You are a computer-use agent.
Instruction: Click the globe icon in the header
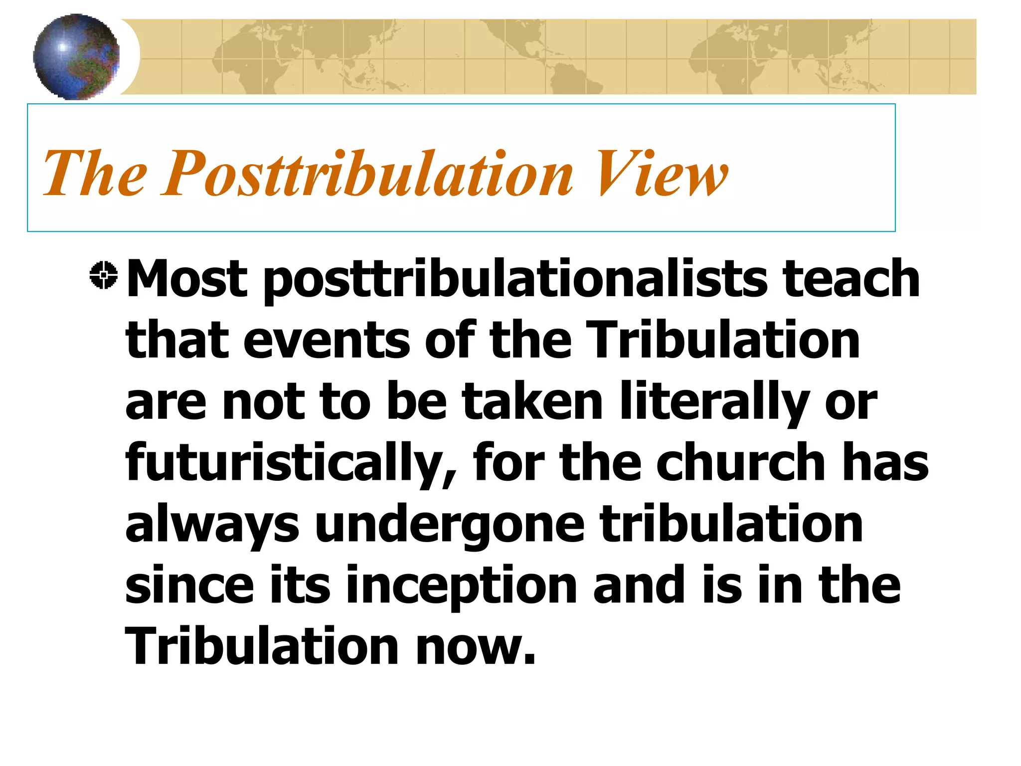point(76,56)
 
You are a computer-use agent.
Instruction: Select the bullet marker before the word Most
point(104,275)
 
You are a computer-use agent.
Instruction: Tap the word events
point(327,340)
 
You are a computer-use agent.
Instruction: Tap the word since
point(189,586)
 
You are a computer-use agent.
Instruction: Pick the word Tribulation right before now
point(262,646)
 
